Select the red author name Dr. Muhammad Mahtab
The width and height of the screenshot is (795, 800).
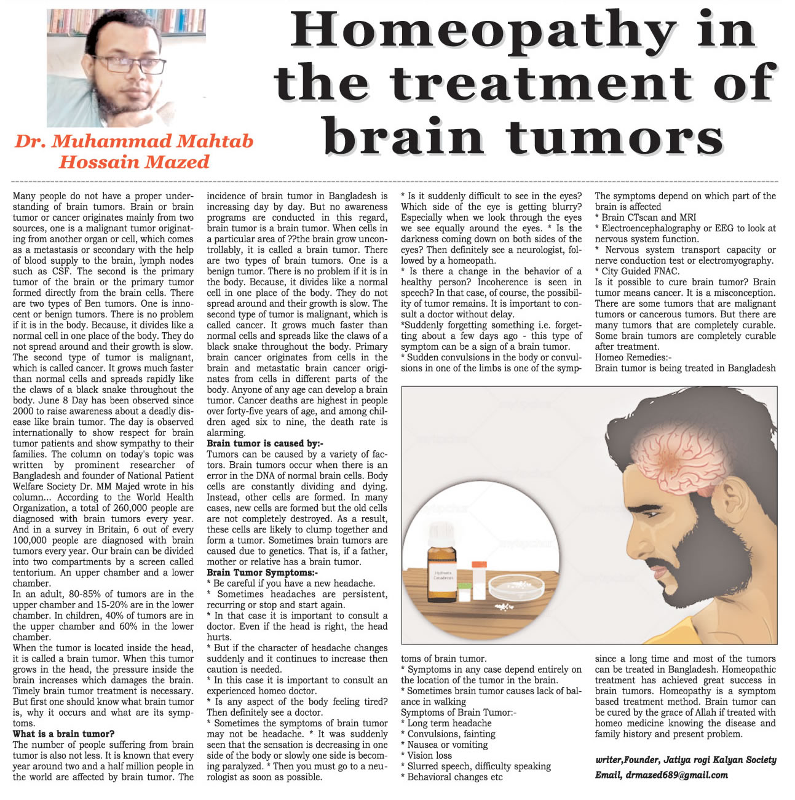(134, 141)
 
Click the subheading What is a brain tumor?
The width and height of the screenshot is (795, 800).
(64, 734)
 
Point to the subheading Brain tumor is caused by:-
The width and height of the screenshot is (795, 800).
(265, 443)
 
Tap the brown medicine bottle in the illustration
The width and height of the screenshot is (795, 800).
(443, 568)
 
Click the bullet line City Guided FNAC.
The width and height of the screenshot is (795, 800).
(639, 271)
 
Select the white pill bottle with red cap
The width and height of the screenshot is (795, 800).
(479, 578)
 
